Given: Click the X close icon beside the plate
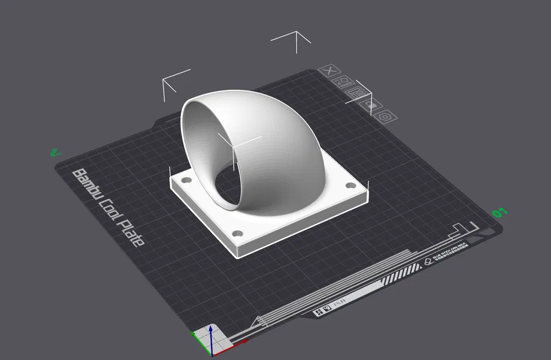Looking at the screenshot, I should tap(329, 71).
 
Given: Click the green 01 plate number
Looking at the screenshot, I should tap(500, 213).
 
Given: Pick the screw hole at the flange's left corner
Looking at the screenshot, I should tap(185, 180).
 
